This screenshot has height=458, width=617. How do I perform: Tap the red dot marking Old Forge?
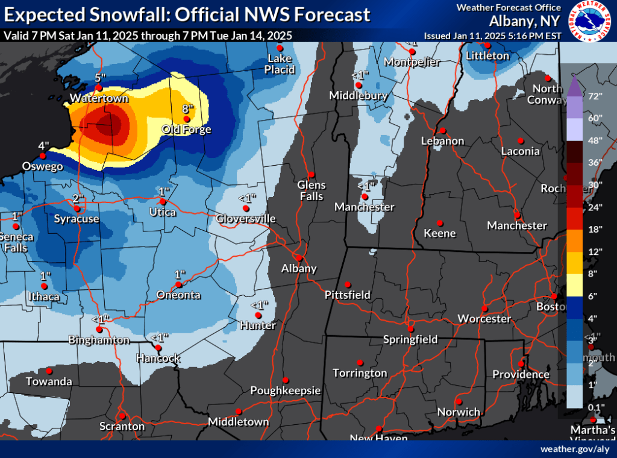(x=187, y=119)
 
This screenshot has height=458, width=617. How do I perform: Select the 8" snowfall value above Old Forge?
(x=187, y=108)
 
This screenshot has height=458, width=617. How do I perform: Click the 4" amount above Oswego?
(x=44, y=146)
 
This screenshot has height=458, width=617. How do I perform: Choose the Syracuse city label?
(x=77, y=219)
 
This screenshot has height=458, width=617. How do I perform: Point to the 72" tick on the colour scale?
(x=578, y=96)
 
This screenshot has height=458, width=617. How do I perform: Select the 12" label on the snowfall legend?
(x=578, y=251)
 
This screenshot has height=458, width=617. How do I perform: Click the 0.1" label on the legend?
(x=578, y=407)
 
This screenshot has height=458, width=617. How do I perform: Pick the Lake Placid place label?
(x=280, y=64)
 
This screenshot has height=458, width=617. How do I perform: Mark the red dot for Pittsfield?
(x=347, y=285)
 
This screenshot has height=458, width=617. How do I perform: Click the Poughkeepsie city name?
(x=286, y=391)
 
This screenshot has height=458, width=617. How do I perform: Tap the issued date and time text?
(x=492, y=36)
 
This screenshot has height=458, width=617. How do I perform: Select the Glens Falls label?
(x=312, y=190)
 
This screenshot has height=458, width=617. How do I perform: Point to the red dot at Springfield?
(x=410, y=329)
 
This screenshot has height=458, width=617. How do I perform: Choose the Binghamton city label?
(x=99, y=340)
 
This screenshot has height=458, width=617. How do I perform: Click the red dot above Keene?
(x=440, y=222)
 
